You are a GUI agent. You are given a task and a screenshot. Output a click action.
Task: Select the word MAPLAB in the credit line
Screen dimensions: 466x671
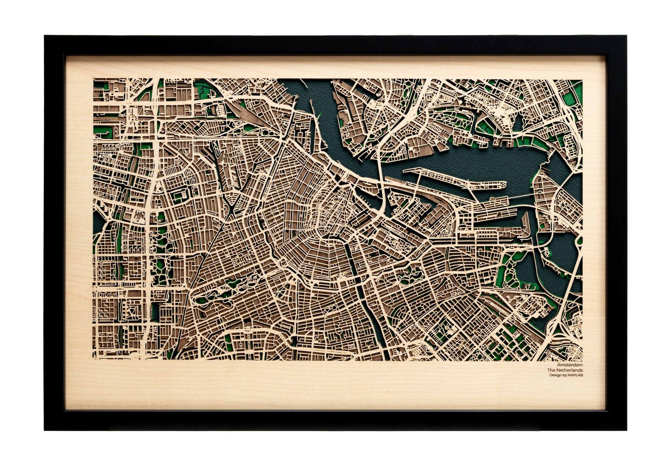[575, 375]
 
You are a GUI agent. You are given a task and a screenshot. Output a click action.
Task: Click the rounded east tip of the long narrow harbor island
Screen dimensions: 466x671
[503, 184]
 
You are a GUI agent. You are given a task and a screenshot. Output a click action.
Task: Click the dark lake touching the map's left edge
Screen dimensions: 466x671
[97, 222]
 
